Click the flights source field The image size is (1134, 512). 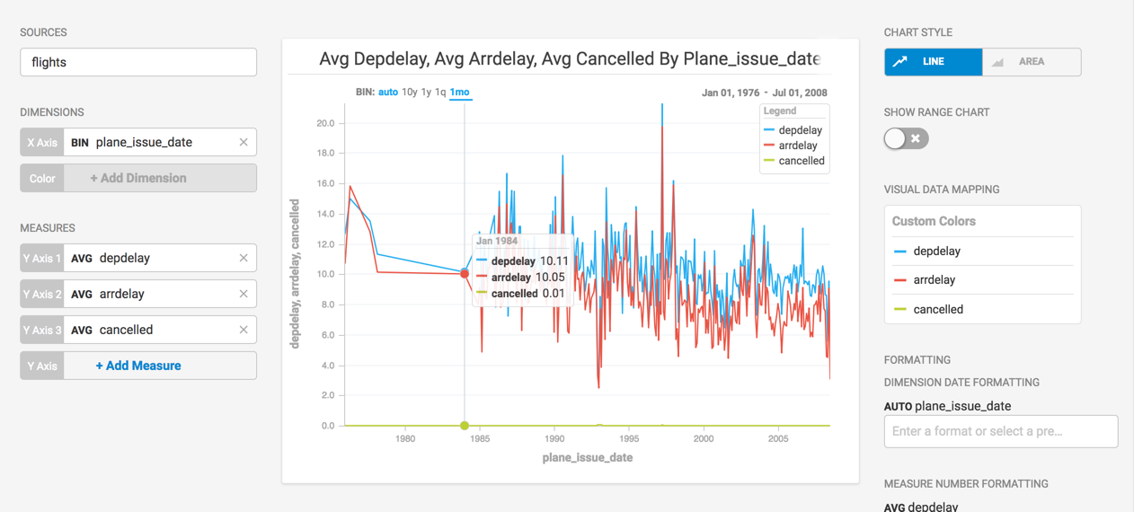pos(137,62)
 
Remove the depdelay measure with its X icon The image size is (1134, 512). pos(244,258)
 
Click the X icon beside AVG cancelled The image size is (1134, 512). pos(244,330)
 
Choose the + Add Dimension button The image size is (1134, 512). pos(138,178)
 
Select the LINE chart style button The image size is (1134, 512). pos(933,62)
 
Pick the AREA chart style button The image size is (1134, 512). pos(1031,62)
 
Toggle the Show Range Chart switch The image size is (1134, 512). pos(905,138)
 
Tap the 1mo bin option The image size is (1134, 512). pos(459,93)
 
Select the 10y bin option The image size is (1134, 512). pos(409,93)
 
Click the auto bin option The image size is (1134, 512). pos(388,93)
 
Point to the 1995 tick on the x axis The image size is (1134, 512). pos(629,439)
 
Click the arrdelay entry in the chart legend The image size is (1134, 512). pos(797,146)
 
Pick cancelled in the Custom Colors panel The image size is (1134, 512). pos(937,309)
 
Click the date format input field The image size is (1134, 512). pos(1000,431)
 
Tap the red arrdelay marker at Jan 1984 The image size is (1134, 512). pos(465,274)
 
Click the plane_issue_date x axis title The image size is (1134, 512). pos(587,458)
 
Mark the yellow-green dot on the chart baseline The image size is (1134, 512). pos(465,426)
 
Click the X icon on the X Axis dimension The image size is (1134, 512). pos(244,142)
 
